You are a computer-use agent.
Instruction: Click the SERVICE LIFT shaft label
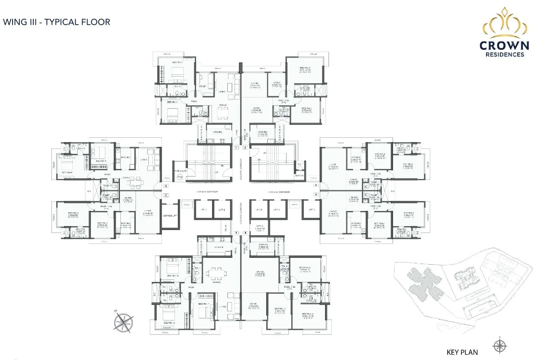click(170, 216)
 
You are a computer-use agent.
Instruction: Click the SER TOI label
click(300, 175)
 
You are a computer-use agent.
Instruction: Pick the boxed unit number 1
click(236, 148)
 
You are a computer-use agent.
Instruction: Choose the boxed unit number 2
click(245, 148)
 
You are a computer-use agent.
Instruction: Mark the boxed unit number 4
click(316, 195)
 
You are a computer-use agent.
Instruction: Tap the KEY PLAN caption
click(462, 352)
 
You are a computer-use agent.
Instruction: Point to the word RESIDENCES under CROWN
click(504, 55)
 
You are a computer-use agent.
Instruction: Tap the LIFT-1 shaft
click(204, 210)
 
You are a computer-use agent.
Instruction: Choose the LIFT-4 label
click(277, 210)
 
